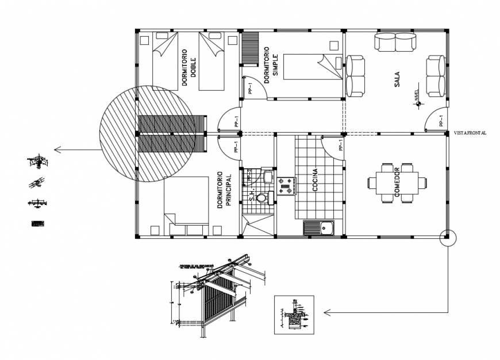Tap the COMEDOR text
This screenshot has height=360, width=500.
[x=397, y=183]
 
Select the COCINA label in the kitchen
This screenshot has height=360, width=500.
[x=316, y=180]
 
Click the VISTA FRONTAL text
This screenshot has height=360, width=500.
[x=470, y=133]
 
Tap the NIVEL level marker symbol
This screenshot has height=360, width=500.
[x=419, y=103]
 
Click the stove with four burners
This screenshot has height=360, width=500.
[x=286, y=184]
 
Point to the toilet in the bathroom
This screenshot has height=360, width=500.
[x=262, y=198]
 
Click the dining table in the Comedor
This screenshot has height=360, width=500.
[x=398, y=183]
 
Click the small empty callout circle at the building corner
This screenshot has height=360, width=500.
[x=447, y=237]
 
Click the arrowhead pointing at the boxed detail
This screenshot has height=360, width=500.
[x=327, y=312]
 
